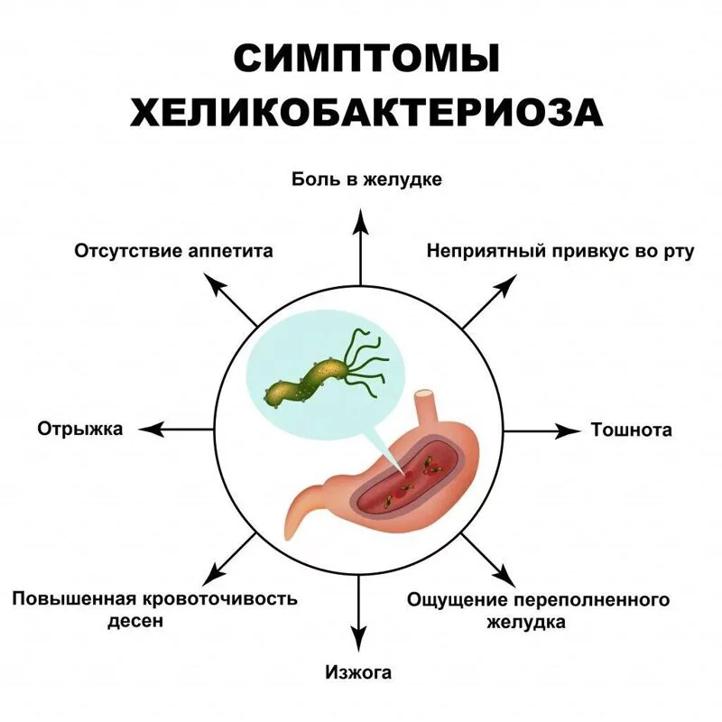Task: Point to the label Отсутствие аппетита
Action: (x=172, y=250)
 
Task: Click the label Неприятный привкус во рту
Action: (x=560, y=250)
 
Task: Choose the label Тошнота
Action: (x=631, y=430)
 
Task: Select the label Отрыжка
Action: (x=79, y=429)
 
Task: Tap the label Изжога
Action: (x=359, y=671)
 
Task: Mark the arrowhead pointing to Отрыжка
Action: (x=153, y=430)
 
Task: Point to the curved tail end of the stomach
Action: (x=298, y=514)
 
